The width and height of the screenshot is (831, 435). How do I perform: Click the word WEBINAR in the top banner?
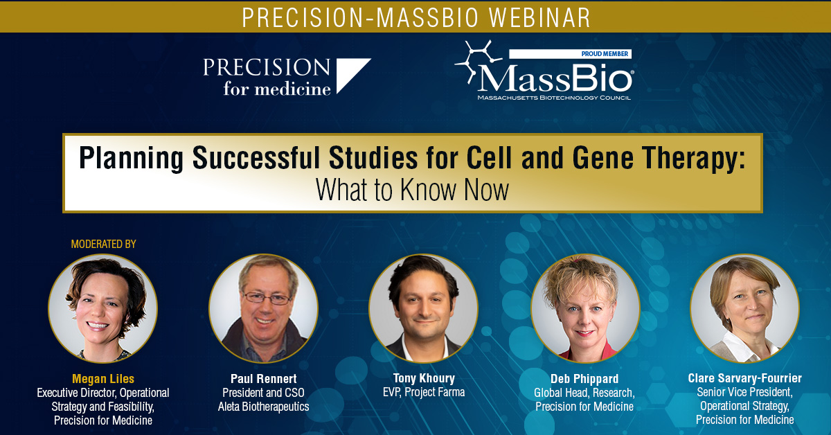(539, 17)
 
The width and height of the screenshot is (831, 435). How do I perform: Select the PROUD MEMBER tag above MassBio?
(570, 54)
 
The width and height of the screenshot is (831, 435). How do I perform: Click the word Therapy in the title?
(693, 159)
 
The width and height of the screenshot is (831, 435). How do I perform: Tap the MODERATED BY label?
(103, 244)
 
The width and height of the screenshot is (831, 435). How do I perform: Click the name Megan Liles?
(103, 379)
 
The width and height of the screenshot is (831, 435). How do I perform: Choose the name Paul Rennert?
(263, 379)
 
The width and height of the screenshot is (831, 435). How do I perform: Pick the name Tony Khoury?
(424, 378)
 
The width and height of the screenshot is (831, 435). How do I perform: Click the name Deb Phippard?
(584, 379)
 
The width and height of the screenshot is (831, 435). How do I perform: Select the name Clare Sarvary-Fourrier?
(745, 378)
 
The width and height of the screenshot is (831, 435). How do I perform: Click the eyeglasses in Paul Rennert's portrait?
(267, 298)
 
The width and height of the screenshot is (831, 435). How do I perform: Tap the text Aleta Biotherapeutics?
(263, 407)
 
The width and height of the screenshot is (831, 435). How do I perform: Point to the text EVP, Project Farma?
(424, 392)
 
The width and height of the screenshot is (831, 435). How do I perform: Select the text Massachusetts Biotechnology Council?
(554, 98)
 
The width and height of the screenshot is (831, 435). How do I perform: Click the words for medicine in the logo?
(277, 89)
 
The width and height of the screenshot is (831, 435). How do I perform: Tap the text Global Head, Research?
(584, 393)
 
